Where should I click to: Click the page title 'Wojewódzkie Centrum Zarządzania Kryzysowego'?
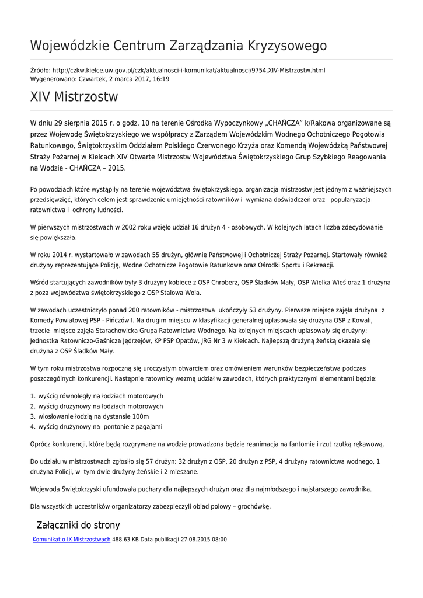pyautogui.click(x=178, y=46)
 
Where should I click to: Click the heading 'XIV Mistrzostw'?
pyautogui.click(x=74, y=97)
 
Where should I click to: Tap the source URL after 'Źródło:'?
pyautogui.click(x=188, y=70)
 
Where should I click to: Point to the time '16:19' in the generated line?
pyautogui.click(x=162, y=79)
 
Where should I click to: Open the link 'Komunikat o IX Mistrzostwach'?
pyautogui.click(x=71, y=540)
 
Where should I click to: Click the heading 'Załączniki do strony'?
pyautogui.click(x=78, y=525)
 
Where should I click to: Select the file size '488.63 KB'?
pyautogui.click(x=125, y=540)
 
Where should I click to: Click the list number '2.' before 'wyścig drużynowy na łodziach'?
pyautogui.click(x=33, y=406)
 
